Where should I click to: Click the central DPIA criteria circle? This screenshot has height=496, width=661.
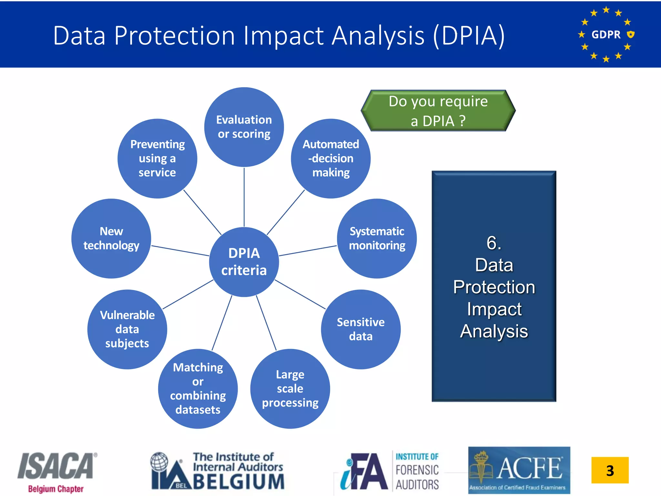pos(244,262)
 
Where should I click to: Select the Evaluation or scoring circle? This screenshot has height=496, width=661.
pos(244,127)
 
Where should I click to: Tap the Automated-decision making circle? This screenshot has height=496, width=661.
pos(330,159)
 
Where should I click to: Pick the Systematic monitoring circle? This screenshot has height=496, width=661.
pos(377,238)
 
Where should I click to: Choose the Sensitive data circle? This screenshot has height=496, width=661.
pos(361,329)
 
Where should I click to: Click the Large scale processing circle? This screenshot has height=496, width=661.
pos(290,388)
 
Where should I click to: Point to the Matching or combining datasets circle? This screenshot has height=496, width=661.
pos(198,388)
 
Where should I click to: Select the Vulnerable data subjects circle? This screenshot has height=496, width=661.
pos(127,329)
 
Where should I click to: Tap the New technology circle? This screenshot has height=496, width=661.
pos(111,238)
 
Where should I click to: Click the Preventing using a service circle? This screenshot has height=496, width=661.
pos(157,159)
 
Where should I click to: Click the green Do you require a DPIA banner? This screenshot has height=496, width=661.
pos(438,111)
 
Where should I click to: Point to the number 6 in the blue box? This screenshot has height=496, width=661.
pos(494,243)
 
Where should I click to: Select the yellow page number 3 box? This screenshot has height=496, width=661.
pos(610,470)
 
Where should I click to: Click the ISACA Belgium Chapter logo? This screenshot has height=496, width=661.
pos(57,471)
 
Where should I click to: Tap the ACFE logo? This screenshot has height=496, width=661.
pos(519,470)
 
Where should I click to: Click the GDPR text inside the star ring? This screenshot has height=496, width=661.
pos(606,34)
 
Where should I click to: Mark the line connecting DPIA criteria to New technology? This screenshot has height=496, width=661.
pos(180,251)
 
